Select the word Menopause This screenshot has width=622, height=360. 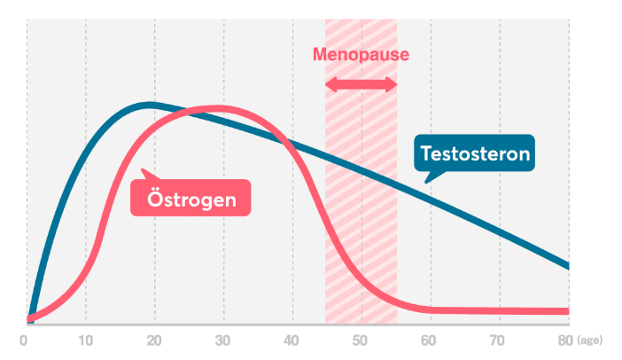361,54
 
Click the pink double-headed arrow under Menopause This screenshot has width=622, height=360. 361,84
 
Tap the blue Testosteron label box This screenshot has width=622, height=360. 475,154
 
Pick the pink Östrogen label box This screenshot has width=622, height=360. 190,199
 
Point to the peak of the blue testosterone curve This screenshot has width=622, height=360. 151,105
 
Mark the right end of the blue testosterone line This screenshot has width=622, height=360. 567,265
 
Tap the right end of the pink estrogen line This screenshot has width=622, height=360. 567,311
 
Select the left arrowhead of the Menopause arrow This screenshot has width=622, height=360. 330,84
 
